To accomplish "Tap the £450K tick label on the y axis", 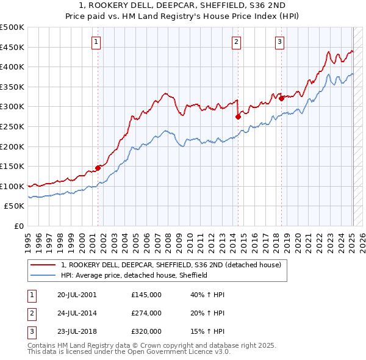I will (x=12, y=47).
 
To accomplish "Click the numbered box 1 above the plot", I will (x=97, y=41).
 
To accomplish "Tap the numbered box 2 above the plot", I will (x=236, y=41).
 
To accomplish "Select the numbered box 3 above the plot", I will (x=279, y=41).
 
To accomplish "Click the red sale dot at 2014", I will (x=237, y=117).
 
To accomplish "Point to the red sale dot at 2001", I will (x=98, y=168).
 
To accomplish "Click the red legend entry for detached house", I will (x=171, y=265).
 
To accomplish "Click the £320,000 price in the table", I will (x=146, y=332).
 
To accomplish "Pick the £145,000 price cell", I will (x=146, y=294).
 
